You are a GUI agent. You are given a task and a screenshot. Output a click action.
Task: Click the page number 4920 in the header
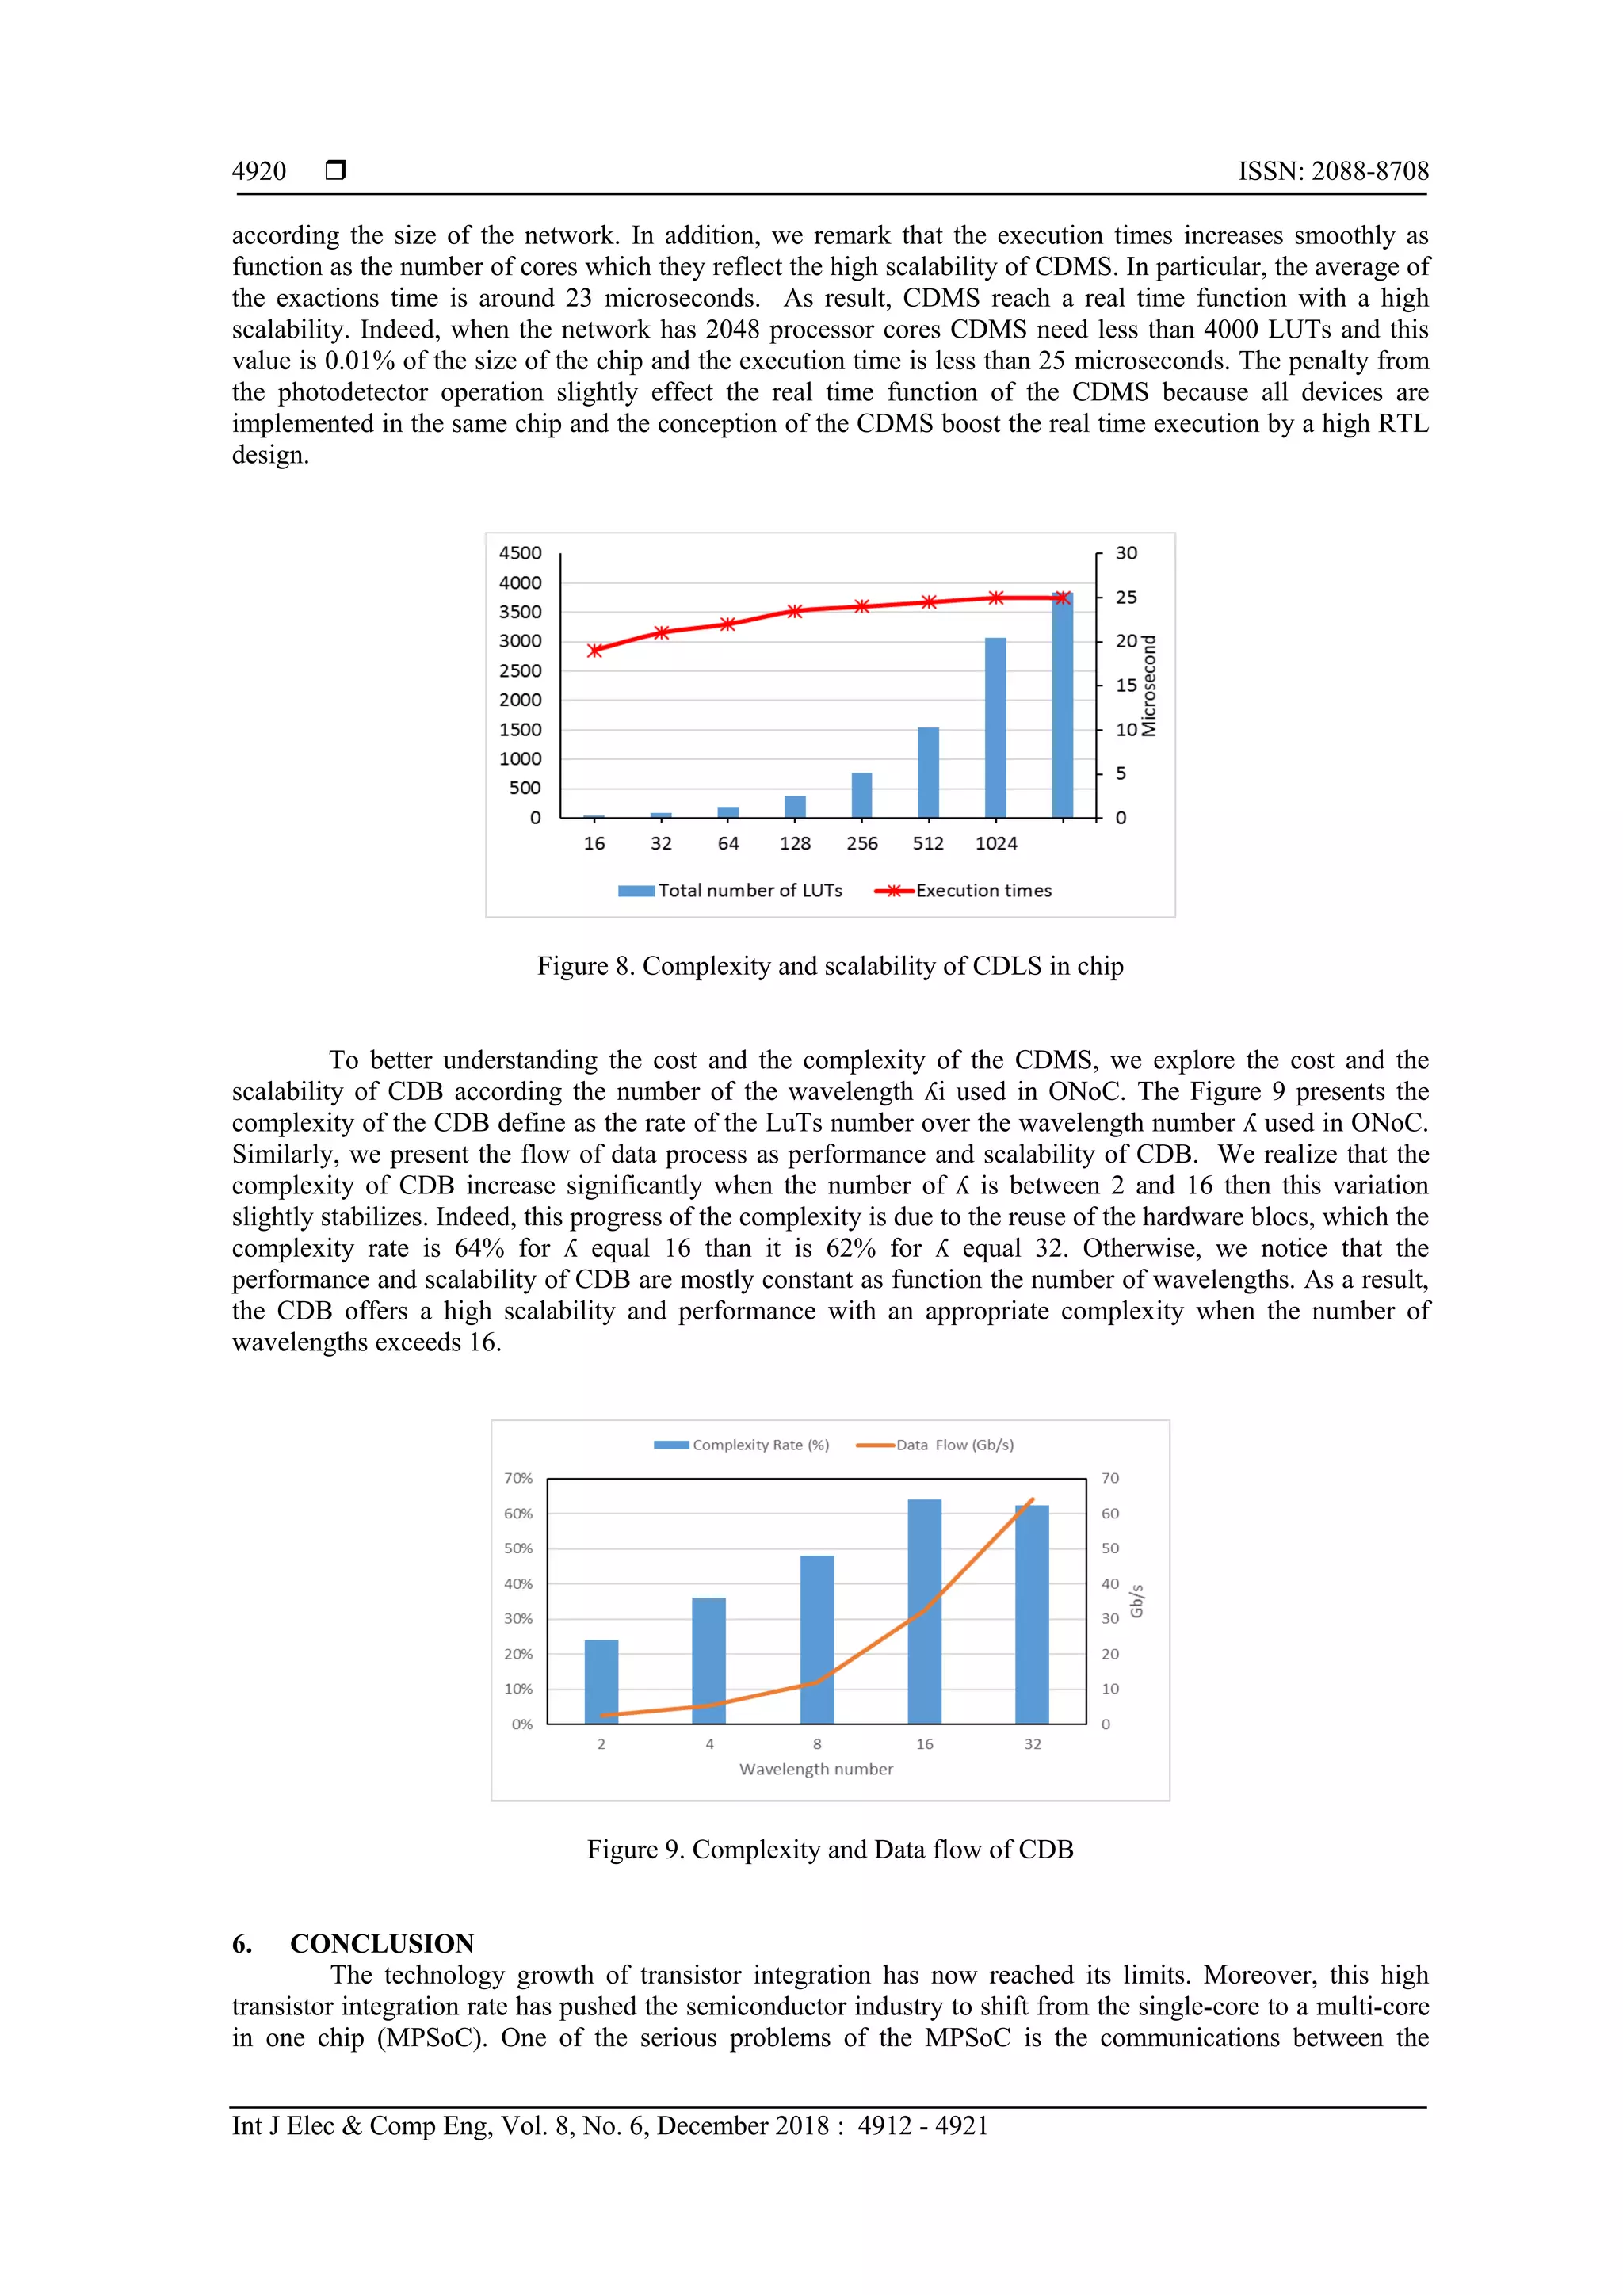(259, 171)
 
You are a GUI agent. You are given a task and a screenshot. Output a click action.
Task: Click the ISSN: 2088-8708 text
(1333, 171)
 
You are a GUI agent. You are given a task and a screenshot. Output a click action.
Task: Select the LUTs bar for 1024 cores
(995, 727)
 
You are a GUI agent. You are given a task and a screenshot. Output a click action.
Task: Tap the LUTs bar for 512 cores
(929, 773)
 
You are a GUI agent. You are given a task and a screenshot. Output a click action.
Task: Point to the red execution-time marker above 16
(594, 651)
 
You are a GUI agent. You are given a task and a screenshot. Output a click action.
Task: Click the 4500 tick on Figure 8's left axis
(521, 553)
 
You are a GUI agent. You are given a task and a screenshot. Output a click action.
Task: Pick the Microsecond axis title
(1149, 685)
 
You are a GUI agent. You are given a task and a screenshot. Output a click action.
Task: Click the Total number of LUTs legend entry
(731, 891)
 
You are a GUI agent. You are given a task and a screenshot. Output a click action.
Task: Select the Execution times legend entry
(964, 891)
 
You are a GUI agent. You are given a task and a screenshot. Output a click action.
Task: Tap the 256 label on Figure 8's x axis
(861, 844)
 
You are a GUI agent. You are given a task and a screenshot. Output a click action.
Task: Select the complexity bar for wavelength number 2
(601, 1682)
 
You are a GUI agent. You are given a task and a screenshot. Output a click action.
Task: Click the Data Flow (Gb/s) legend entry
(935, 1445)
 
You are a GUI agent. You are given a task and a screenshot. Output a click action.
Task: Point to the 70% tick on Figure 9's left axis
(517, 1478)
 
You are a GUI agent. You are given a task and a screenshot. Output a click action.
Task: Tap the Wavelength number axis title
(815, 1770)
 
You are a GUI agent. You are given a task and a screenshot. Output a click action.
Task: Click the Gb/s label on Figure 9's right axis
(1136, 1602)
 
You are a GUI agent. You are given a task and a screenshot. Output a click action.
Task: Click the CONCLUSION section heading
(380, 1943)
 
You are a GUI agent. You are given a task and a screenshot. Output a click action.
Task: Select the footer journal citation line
(609, 2125)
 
